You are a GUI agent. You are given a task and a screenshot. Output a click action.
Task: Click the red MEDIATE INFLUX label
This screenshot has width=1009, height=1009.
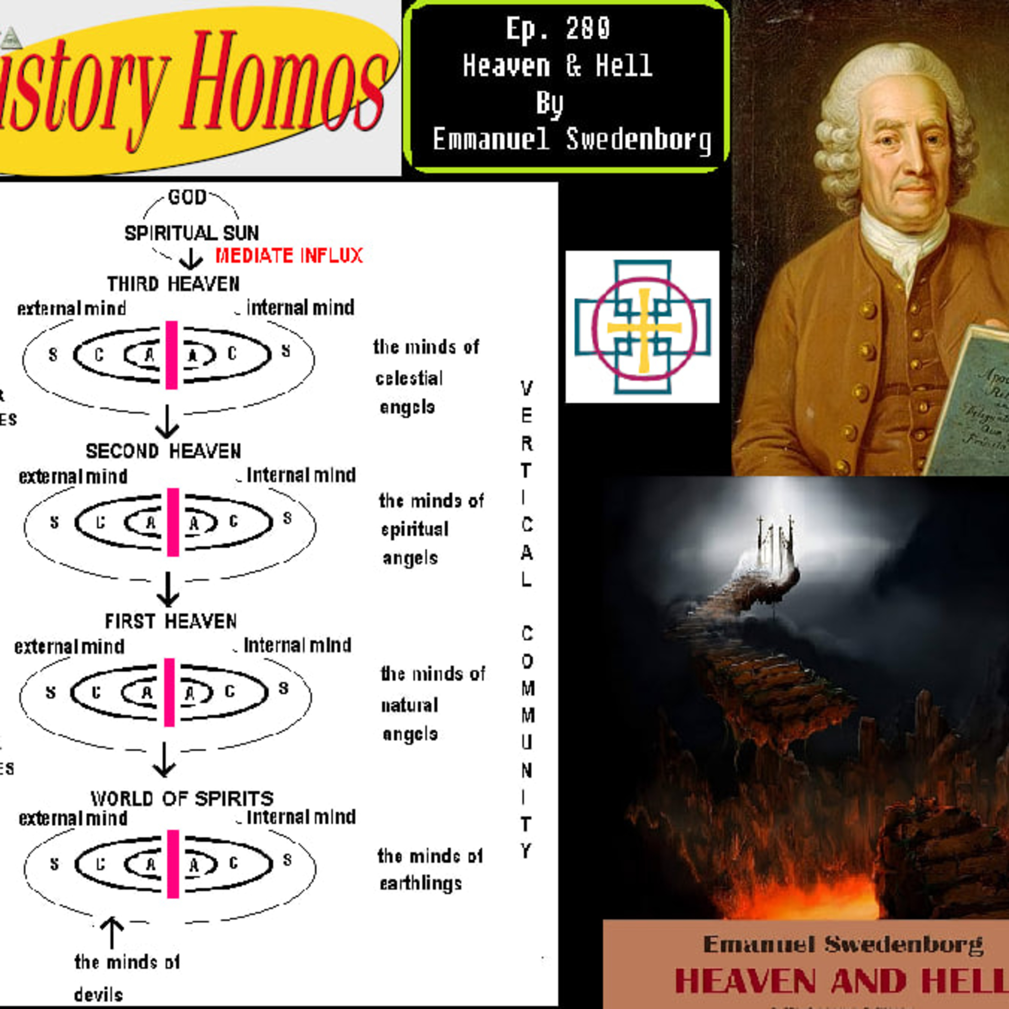tap(289, 256)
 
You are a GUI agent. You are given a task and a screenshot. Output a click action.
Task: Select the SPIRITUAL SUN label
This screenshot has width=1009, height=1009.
tap(191, 233)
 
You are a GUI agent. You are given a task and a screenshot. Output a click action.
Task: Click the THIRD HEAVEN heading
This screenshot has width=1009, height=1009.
tap(174, 284)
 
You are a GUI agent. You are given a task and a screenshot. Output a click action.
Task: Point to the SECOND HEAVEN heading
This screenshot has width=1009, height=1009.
tap(163, 451)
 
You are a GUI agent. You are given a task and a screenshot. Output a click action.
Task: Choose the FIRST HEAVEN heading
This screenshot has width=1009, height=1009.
tap(171, 622)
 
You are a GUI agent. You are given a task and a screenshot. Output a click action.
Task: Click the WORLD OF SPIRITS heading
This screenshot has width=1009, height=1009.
tap(182, 798)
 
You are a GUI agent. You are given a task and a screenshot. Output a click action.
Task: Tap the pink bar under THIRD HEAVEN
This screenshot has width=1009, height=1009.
tap(171, 355)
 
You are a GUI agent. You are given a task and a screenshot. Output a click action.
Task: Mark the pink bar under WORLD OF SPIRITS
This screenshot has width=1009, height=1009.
tap(173, 864)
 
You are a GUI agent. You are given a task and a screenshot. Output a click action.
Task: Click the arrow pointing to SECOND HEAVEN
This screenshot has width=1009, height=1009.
tap(167, 422)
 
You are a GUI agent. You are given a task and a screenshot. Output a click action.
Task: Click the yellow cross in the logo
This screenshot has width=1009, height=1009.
tap(644, 328)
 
